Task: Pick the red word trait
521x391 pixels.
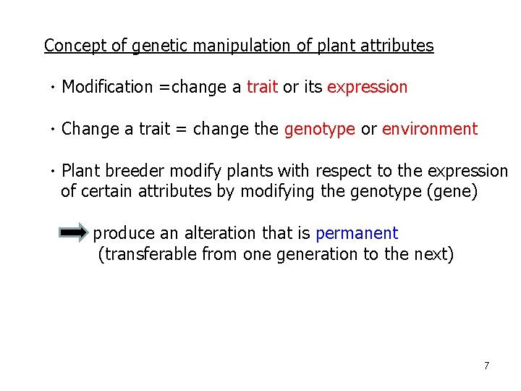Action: point(262,88)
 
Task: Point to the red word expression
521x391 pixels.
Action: point(368,88)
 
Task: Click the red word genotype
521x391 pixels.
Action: point(319,129)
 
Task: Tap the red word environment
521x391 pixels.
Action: point(430,129)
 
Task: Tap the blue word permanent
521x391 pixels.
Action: point(357,234)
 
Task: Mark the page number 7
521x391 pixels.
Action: point(486,366)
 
